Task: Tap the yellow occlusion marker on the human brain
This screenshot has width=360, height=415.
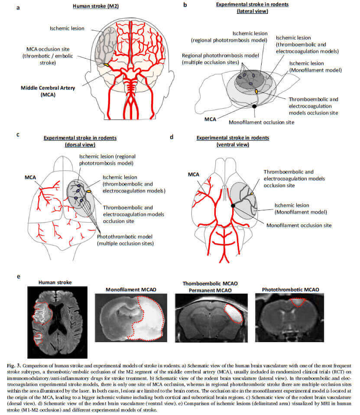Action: (x=106, y=65)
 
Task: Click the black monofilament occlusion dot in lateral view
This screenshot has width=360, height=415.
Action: (x=255, y=106)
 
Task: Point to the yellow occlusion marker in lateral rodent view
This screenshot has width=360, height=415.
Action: (x=256, y=91)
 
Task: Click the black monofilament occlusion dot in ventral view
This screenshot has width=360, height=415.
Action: (x=233, y=205)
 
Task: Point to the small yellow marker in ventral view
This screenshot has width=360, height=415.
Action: (x=252, y=193)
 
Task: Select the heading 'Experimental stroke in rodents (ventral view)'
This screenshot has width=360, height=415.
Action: (x=233, y=141)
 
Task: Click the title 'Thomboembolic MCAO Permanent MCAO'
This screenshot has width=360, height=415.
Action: (x=211, y=286)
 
